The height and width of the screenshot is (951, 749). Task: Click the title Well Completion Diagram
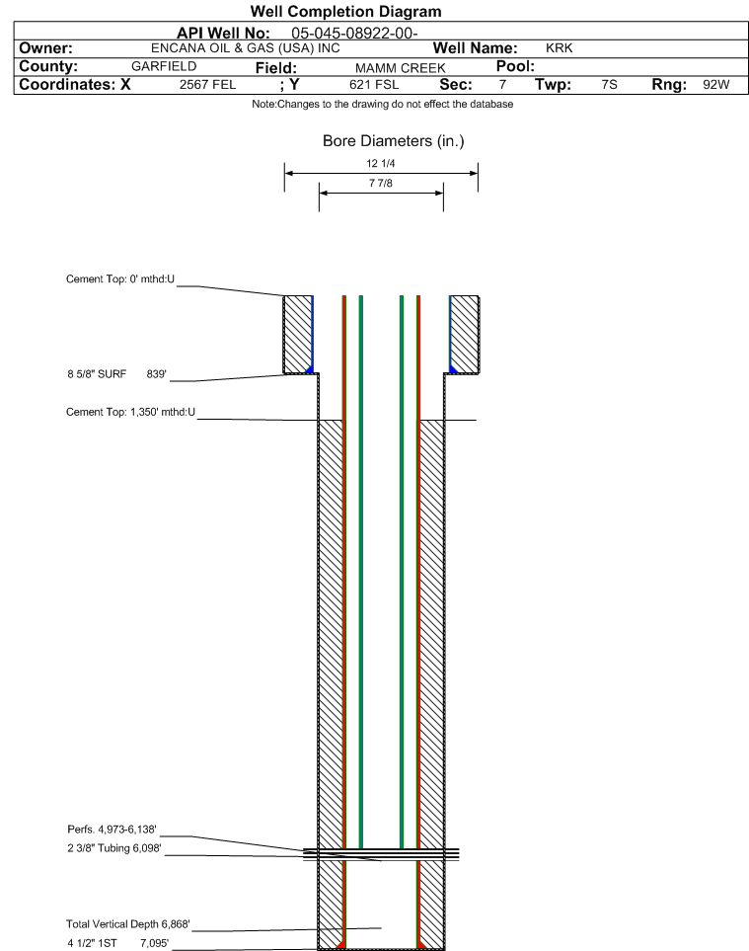click(x=346, y=12)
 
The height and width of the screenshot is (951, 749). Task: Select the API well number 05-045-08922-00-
click(x=354, y=34)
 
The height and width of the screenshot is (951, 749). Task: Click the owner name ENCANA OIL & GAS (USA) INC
click(x=246, y=48)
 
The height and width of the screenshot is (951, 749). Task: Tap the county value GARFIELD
click(x=164, y=66)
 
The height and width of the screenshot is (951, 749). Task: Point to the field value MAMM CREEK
click(x=401, y=68)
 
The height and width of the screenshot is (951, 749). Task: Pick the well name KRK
click(x=560, y=48)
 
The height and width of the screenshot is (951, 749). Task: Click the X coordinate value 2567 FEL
click(x=208, y=84)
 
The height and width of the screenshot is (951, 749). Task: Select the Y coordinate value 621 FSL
click(x=375, y=84)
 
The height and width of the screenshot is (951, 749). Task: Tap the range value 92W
click(x=716, y=84)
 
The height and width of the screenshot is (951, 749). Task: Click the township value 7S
click(x=610, y=84)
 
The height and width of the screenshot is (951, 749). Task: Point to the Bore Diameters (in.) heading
click(x=394, y=141)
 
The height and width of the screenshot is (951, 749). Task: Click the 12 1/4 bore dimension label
click(x=381, y=163)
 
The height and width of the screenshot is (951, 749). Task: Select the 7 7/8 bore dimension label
click(x=381, y=183)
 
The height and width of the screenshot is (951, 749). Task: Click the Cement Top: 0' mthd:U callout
click(x=120, y=279)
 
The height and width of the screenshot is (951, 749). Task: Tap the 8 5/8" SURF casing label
click(x=97, y=374)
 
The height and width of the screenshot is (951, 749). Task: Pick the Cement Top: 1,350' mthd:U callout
click(x=131, y=412)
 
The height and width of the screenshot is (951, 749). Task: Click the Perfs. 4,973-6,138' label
click(x=112, y=830)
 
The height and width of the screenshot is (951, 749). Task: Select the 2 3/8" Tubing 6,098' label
click(x=114, y=848)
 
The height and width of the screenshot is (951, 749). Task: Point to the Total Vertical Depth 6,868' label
click(x=128, y=923)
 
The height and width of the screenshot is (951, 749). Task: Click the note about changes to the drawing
click(x=382, y=105)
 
